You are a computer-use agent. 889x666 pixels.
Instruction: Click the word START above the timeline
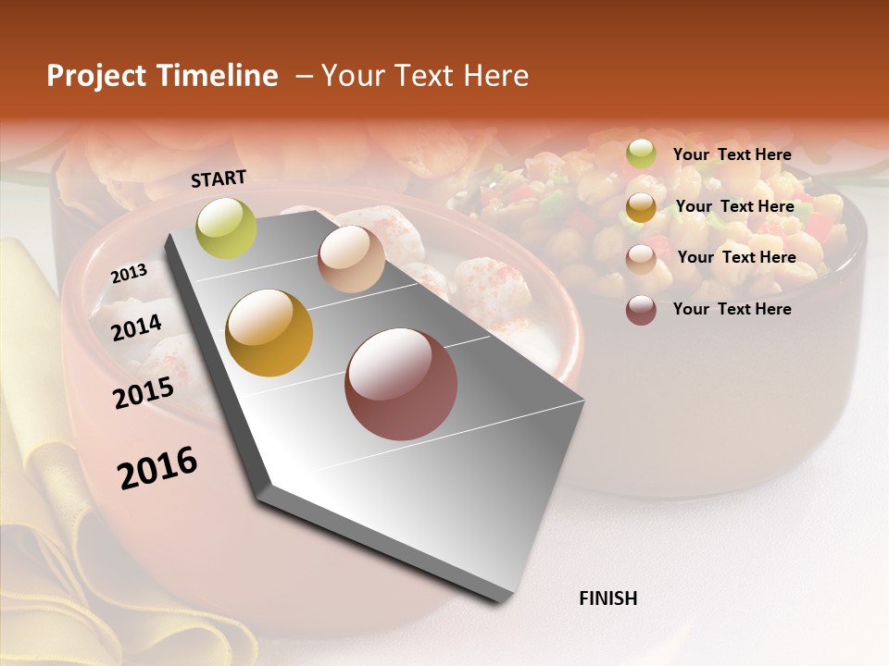click(x=219, y=179)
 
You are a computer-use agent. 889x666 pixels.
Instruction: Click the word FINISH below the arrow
click(x=607, y=598)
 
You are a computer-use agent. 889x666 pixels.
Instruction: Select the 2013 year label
click(x=129, y=274)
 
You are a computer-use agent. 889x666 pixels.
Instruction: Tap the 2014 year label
click(x=136, y=327)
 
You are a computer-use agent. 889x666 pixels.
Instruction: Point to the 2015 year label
click(x=143, y=393)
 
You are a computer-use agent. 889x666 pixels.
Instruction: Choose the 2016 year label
click(x=157, y=468)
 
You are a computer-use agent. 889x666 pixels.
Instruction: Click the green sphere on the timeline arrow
click(x=226, y=228)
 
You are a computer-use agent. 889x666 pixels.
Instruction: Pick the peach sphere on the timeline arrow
click(x=351, y=259)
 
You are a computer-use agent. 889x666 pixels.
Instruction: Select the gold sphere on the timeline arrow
click(x=269, y=333)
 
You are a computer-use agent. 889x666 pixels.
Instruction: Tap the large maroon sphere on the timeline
click(x=401, y=384)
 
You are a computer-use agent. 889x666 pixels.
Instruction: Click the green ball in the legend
click(x=641, y=154)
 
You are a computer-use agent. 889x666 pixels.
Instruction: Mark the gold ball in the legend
click(x=641, y=207)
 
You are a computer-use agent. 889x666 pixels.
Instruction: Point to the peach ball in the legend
click(x=641, y=259)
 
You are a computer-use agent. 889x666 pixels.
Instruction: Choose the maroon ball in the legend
click(x=641, y=310)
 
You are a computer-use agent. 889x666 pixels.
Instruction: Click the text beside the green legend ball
click(x=732, y=154)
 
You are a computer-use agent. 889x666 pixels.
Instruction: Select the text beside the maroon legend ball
click(x=732, y=309)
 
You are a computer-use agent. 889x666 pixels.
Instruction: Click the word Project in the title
click(x=95, y=76)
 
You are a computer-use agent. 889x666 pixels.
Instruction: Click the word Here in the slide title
click(x=495, y=76)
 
